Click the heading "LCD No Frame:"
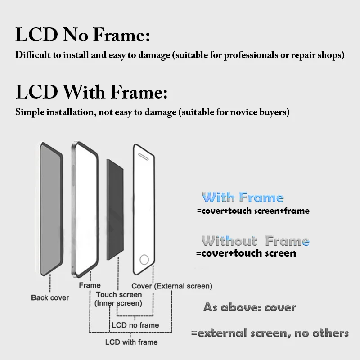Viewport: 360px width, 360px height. (82, 35)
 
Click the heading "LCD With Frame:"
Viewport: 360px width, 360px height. (91, 92)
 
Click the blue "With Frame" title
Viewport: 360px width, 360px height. (243, 198)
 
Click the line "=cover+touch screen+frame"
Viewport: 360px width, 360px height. (253, 211)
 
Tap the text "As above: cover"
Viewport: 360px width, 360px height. (249, 308)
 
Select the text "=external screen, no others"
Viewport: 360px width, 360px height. (270, 333)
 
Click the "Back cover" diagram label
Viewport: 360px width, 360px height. (50, 297)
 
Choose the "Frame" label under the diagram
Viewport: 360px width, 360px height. (90, 285)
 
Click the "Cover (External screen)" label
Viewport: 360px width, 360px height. (172, 286)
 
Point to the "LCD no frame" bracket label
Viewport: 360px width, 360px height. (135, 325)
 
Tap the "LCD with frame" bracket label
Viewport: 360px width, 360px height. (131, 342)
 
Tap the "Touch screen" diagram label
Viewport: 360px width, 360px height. (119, 295)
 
